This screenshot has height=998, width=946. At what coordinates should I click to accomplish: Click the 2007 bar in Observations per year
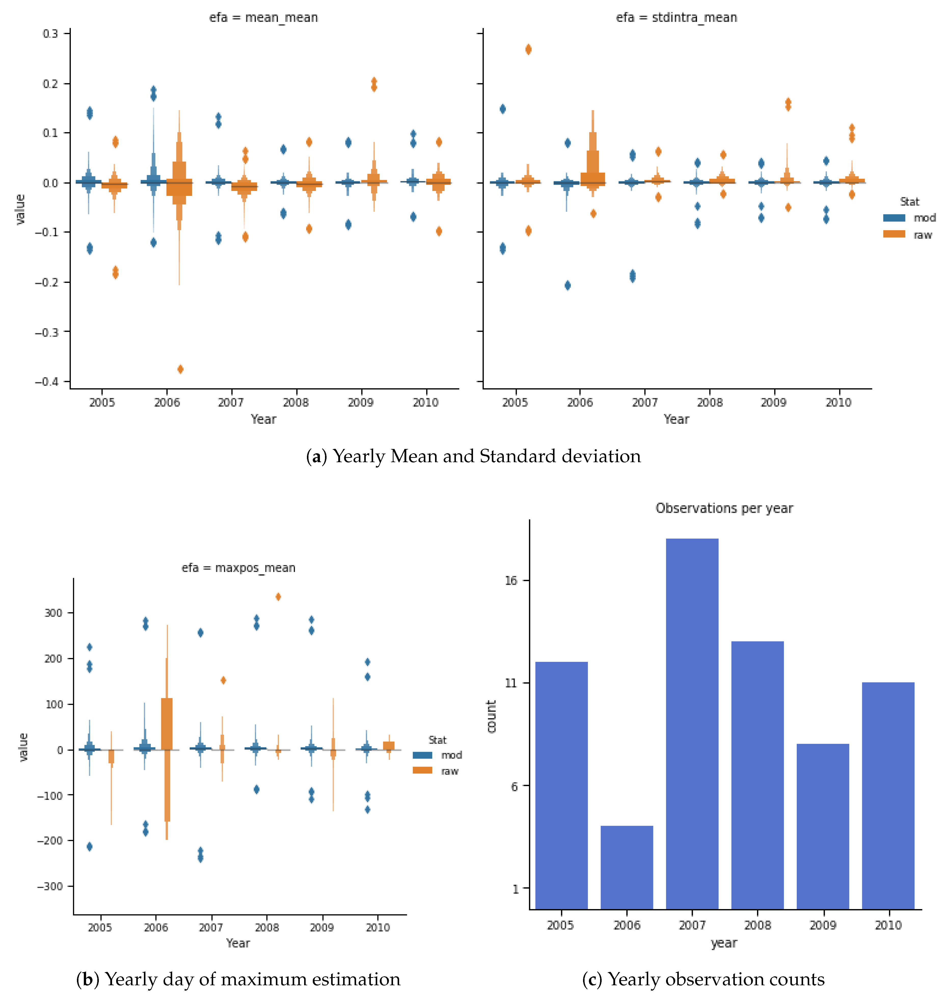click(692, 723)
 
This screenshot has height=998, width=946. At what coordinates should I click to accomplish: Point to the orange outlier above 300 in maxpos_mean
click(278, 597)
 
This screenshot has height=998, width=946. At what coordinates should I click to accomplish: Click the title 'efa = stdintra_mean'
click(676, 18)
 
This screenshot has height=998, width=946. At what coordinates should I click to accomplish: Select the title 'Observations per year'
click(724, 508)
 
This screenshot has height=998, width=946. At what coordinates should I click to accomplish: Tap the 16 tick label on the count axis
click(511, 581)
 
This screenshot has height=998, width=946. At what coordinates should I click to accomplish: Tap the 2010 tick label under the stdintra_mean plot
click(838, 402)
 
